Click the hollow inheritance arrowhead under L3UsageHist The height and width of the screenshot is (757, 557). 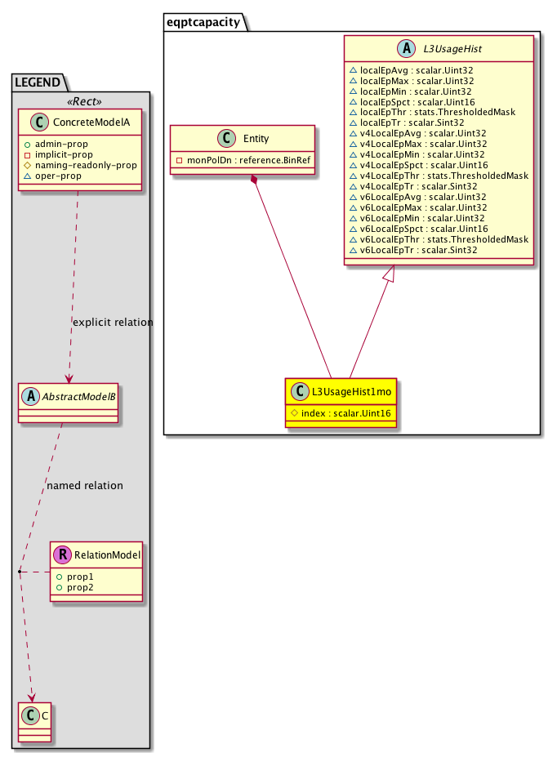(x=389, y=276)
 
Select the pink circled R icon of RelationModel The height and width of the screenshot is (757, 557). (x=63, y=555)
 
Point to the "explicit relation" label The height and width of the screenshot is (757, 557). (x=113, y=322)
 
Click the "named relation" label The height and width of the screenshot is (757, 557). (x=85, y=485)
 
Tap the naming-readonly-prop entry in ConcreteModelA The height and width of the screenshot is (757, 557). (x=86, y=165)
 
